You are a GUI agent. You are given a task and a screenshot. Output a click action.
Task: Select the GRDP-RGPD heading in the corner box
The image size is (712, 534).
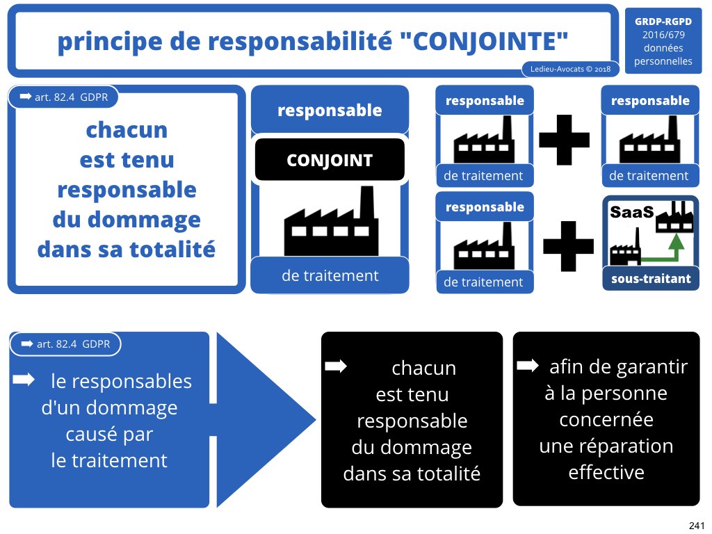pos(663,22)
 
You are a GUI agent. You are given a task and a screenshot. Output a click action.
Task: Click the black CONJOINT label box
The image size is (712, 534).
pos(330,161)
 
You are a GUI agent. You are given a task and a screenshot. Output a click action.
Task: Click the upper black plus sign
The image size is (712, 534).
pos(564,139)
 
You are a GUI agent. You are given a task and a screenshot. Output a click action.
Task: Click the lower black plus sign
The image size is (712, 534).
pos(568,245)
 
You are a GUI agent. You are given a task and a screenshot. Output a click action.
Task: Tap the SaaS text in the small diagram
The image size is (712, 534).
pos(631,212)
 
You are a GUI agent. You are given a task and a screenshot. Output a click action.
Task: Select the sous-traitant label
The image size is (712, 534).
pos(651,279)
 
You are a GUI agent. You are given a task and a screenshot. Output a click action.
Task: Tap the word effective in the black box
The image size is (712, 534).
pos(606,472)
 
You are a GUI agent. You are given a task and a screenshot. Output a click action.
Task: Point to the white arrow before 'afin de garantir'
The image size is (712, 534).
pos(528,365)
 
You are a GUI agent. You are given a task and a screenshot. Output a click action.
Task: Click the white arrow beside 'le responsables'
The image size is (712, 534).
pos(24,379)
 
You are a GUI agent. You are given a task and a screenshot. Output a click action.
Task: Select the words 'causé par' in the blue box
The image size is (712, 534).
pos(109,434)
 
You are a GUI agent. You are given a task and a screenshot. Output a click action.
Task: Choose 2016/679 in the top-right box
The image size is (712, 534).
pos(663,35)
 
